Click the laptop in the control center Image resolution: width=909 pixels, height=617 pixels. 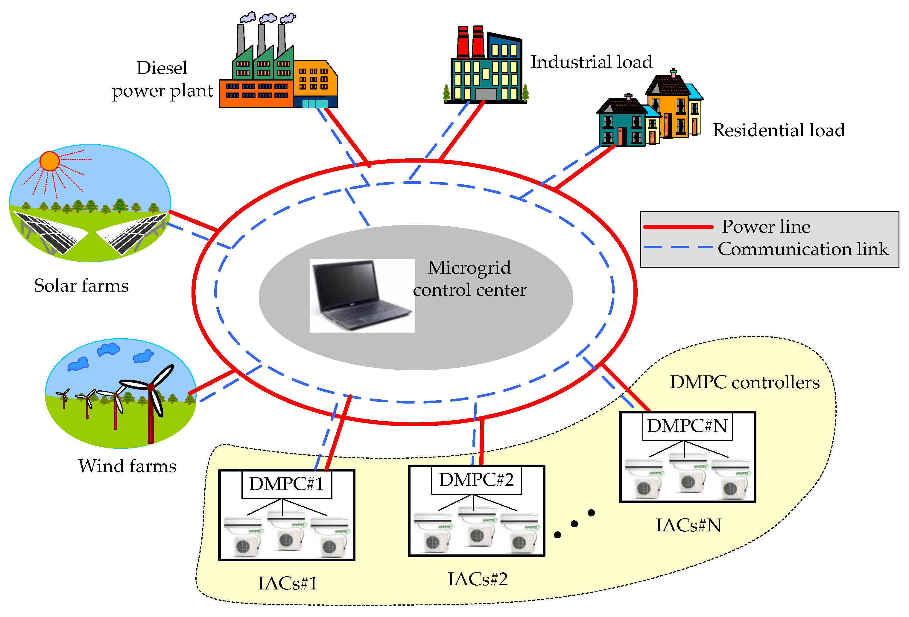point(362,295)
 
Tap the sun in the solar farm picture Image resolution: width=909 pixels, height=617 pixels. point(50,161)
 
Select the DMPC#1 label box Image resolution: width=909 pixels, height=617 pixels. point(286,484)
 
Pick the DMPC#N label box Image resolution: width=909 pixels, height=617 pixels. point(687,426)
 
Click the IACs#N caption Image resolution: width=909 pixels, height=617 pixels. point(688,525)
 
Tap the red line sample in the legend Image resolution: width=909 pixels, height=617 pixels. point(678,227)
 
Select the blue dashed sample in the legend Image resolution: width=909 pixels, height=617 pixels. point(678,247)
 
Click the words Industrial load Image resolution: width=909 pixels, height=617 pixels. point(591,62)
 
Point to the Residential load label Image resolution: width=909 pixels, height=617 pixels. point(778,130)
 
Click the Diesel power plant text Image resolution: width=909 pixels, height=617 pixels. point(162,79)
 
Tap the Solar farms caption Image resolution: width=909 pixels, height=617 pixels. point(81,286)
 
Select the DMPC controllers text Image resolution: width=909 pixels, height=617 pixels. point(745,383)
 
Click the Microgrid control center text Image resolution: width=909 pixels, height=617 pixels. point(469,279)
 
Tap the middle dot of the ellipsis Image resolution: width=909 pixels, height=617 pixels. point(574,524)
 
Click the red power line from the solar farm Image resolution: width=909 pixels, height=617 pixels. point(192,220)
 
